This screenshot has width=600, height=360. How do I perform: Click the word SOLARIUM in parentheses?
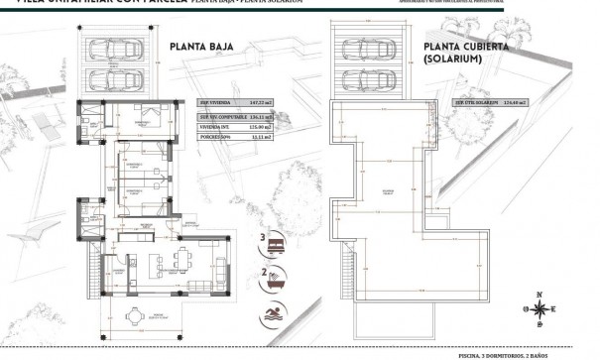pos(453,60)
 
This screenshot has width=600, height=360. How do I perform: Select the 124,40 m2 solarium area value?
pos(514,102)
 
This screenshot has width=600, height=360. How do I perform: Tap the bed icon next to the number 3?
pos(275,238)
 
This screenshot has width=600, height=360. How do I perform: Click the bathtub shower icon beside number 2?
pos(275,279)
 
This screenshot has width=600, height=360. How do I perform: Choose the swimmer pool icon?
pos(275,316)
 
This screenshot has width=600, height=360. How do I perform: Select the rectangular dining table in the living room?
pos(180,260)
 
